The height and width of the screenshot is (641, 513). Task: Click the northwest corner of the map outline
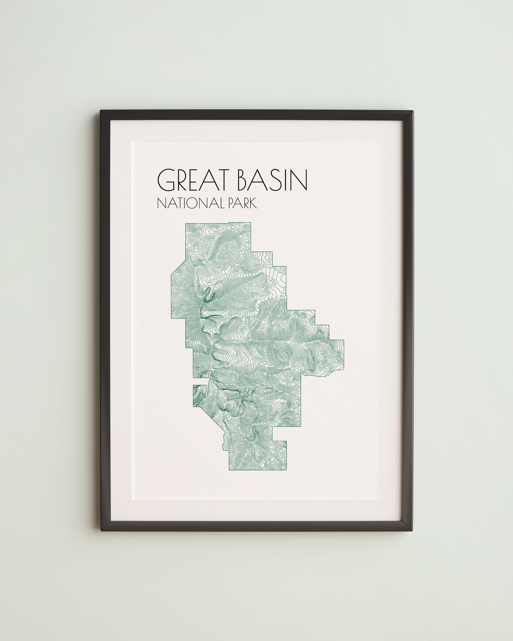(x=186, y=223)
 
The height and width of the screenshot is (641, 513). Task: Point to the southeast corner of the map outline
(x=286, y=478)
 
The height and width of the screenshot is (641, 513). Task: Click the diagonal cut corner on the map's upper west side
(x=178, y=266)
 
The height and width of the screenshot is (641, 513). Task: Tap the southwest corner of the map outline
(x=229, y=478)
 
